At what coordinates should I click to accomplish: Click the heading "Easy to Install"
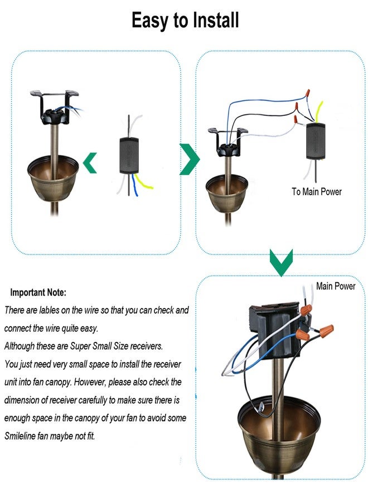185,20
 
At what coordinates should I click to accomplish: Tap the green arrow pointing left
90,163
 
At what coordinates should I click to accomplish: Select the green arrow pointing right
189,159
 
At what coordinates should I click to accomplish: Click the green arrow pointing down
281,262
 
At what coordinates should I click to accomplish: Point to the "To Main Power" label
317,192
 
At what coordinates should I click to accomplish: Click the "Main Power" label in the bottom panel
335,286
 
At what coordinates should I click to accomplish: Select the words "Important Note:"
38,292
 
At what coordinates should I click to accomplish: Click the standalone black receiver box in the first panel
129,156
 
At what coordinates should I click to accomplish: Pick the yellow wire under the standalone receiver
143,182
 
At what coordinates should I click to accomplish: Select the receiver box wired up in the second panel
316,141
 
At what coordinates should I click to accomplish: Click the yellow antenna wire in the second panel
319,112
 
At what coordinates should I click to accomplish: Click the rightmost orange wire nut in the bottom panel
327,329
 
